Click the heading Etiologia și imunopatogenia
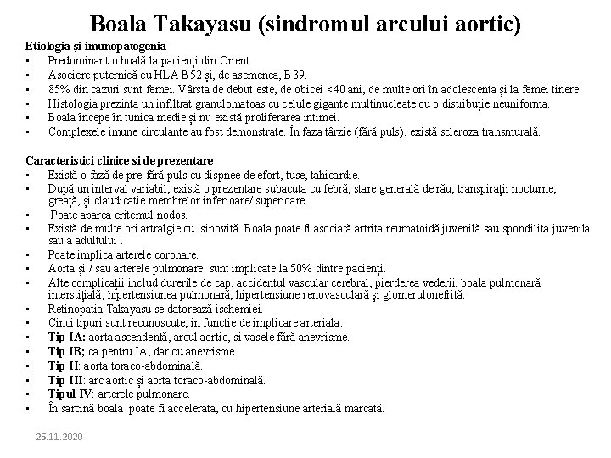click(x=96, y=45)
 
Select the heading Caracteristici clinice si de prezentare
click(x=119, y=160)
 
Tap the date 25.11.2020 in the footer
click(x=59, y=436)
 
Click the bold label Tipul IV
click(x=71, y=394)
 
